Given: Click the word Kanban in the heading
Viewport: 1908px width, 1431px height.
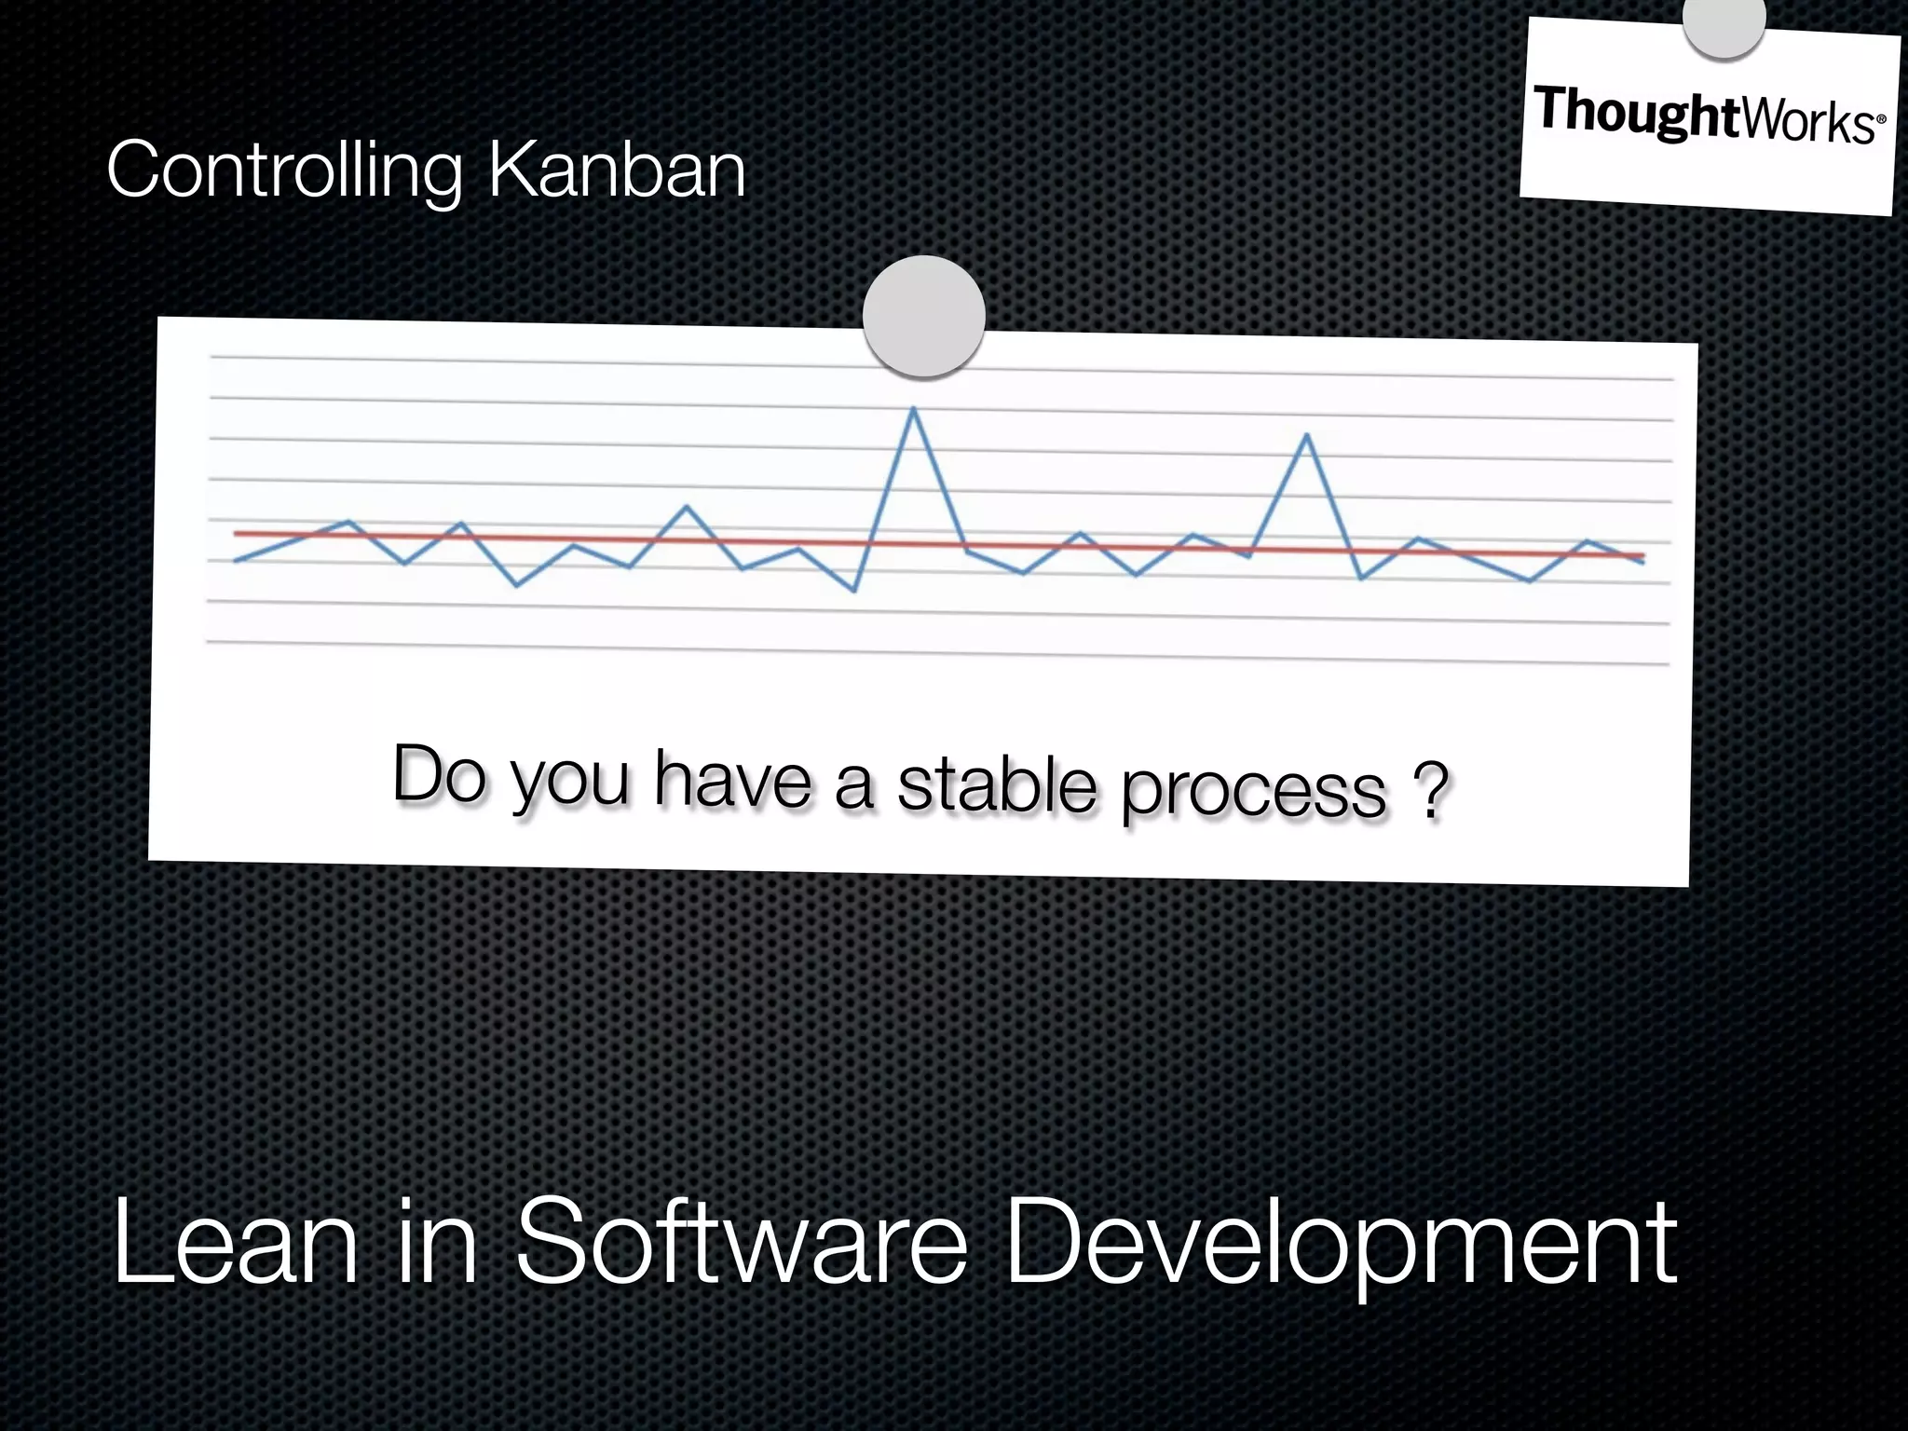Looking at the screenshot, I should point(617,170).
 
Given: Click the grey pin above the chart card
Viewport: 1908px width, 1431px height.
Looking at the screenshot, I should point(923,316).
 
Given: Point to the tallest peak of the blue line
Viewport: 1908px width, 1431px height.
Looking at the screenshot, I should point(913,409).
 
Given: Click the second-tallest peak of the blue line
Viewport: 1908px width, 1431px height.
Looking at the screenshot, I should point(1307,436).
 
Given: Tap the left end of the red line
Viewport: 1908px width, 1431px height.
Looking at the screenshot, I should point(237,534).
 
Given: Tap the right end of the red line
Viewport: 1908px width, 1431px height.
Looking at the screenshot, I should point(1642,556).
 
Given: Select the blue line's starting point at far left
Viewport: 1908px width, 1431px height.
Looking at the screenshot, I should point(236,561).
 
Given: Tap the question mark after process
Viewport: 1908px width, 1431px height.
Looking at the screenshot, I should point(1429,792).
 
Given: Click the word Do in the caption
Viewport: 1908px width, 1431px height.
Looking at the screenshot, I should point(439,773).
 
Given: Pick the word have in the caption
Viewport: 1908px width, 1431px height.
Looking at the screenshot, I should point(732,778).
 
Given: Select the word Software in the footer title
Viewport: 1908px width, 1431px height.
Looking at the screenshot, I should point(741,1243).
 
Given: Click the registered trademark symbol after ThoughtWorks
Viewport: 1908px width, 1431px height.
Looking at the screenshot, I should point(1880,120).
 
